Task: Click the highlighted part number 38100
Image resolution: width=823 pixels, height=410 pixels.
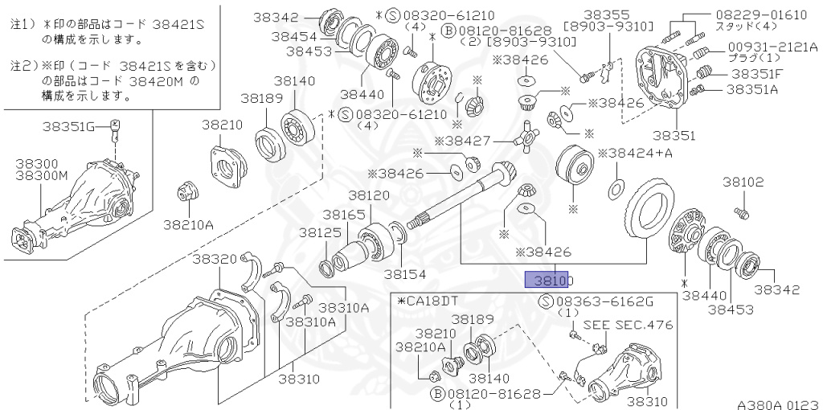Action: (x=547, y=280)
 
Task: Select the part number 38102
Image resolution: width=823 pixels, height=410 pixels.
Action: (x=742, y=182)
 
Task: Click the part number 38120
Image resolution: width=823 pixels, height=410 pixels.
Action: (x=369, y=195)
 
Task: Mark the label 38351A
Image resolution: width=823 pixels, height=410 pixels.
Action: (x=752, y=89)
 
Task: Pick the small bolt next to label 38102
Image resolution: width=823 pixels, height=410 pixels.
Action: (x=741, y=212)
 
